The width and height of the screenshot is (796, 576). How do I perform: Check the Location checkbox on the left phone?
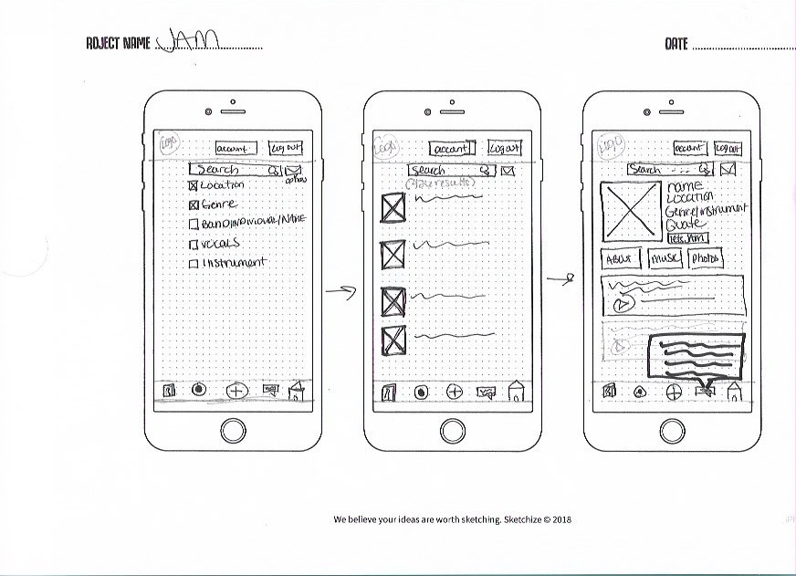[194, 185]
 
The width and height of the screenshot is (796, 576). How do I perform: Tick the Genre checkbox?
[194, 204]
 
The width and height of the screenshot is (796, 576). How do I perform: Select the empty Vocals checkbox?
[194, 244]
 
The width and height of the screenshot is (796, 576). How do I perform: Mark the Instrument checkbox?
[194, 264]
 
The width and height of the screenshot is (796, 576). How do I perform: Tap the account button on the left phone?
[236, 148]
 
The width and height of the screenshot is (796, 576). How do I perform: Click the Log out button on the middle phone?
[504, 148]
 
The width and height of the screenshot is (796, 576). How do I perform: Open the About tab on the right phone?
[620, 258]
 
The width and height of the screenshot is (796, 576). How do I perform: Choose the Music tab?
[665, 258]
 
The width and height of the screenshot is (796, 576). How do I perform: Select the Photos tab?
[706, 258]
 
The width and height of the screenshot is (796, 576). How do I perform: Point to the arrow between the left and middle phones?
[340, 292]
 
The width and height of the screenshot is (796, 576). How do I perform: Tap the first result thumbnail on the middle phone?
[393, 208]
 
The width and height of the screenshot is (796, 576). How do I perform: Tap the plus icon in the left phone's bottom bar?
[236, 390]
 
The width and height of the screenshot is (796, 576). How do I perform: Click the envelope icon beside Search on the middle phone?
[508, 170]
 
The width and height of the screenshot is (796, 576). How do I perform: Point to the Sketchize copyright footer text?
[453, 519]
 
